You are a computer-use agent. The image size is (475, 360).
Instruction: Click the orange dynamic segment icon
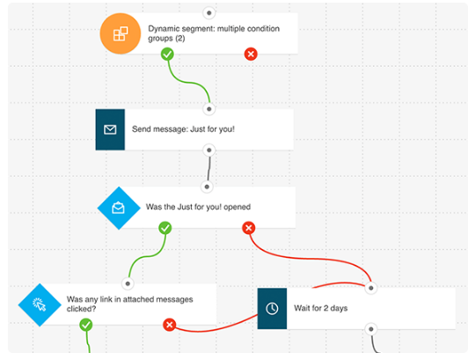point(121,33)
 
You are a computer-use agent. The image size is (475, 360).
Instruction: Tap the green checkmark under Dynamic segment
point(167,55)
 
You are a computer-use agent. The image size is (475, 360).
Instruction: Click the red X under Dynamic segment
point(251,55)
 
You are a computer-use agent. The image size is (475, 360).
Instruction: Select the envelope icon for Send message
point(110,129)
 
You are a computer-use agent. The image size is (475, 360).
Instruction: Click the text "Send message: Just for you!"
point(183,129)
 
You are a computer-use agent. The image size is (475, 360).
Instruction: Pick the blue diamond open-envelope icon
point(119,209)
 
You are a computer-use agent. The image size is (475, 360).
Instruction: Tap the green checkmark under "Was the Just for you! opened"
point(165,228)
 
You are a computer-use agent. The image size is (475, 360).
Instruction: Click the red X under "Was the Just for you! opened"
point(249,228)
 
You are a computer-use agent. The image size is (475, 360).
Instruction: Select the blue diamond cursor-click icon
point(40,305)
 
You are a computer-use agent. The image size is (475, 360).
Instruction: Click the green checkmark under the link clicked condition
point(86,325)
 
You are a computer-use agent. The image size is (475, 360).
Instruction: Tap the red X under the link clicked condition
point(170,325)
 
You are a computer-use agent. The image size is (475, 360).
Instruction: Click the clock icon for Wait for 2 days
point(272,308)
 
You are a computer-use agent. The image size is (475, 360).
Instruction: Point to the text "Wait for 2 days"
point(321,308)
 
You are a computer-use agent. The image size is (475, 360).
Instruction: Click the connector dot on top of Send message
point(209,109)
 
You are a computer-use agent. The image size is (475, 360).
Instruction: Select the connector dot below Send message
point(209,151)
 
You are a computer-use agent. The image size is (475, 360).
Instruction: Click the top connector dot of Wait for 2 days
point(371,288)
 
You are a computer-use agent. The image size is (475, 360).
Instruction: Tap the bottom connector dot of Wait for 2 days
point(371,329)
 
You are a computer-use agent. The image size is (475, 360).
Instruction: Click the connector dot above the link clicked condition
point(128,283)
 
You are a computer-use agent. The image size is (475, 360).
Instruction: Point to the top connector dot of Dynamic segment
point(209,13)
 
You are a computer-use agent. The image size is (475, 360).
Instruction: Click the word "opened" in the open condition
point(237,207)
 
